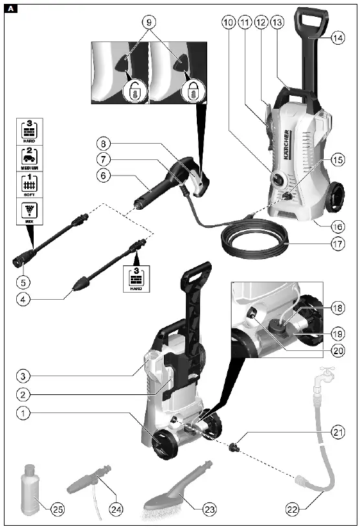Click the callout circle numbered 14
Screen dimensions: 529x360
[x=337, y=38]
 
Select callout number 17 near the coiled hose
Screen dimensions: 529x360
[x=337, y=245]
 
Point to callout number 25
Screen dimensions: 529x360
[x=59, y=508]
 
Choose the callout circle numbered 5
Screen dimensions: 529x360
[x=24, y=282]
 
